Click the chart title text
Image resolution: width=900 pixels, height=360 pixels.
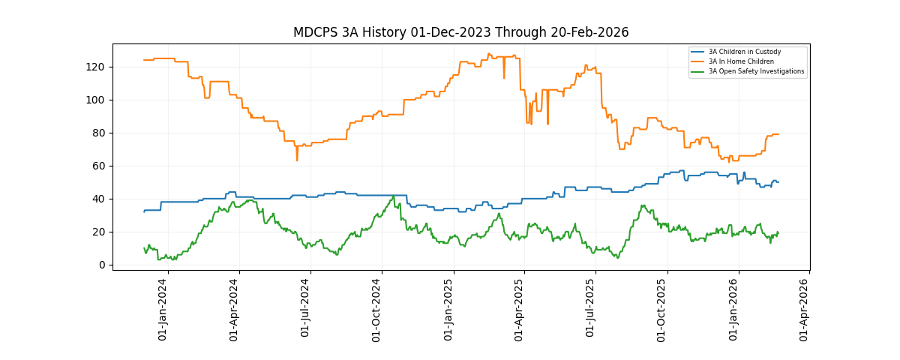coord(460,33)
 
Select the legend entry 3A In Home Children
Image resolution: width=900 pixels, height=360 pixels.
coord(741,61)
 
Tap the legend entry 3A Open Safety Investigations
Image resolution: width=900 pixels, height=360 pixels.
coord(756,71)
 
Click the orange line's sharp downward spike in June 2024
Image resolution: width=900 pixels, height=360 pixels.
coord(297,160)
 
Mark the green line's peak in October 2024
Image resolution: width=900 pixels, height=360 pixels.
coord(394,196)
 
